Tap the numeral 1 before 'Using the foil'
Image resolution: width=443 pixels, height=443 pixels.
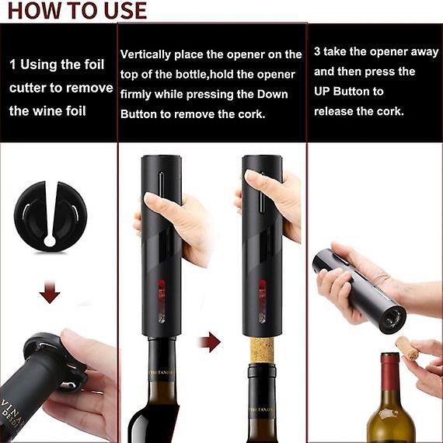(x=12, y=65)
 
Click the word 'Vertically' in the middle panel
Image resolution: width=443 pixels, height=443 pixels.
(x=145, y=54)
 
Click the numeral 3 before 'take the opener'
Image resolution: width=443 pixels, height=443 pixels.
(x=317, y=52)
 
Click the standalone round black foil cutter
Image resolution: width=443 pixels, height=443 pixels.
(x=51, y=216)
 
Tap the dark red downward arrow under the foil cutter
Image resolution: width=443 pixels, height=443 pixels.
(x=50, y=292)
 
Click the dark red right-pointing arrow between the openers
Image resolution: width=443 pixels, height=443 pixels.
(x=210, y=342)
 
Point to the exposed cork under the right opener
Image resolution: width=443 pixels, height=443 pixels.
(x=261, y=351)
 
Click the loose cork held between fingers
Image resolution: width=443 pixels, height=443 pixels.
(x=407, y=349)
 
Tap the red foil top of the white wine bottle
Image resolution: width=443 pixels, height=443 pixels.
(x=390, y=371)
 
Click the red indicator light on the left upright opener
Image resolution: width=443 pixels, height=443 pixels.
(x=162, y=289)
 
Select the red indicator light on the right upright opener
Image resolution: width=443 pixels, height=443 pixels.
(x=263, y=289)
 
